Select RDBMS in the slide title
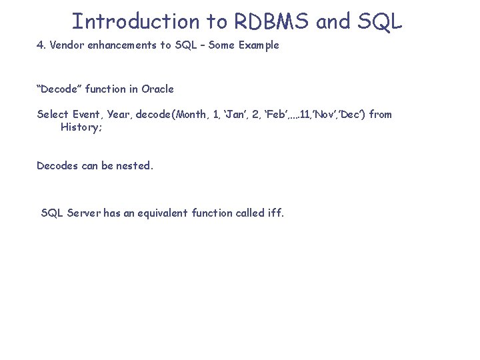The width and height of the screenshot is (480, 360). coord(271,21)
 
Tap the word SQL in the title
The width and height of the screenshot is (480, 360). coord(379,21)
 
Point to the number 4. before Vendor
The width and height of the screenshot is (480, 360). coord(41,45)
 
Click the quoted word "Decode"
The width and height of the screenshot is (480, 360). coord(59,89)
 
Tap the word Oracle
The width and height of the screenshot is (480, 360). coord(157,89)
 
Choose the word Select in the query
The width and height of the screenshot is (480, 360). coord(52,114)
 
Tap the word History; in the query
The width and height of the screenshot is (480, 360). coord(81,127)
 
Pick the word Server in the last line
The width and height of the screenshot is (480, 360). coord(83,213)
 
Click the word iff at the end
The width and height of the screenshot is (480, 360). coord(275,213)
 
